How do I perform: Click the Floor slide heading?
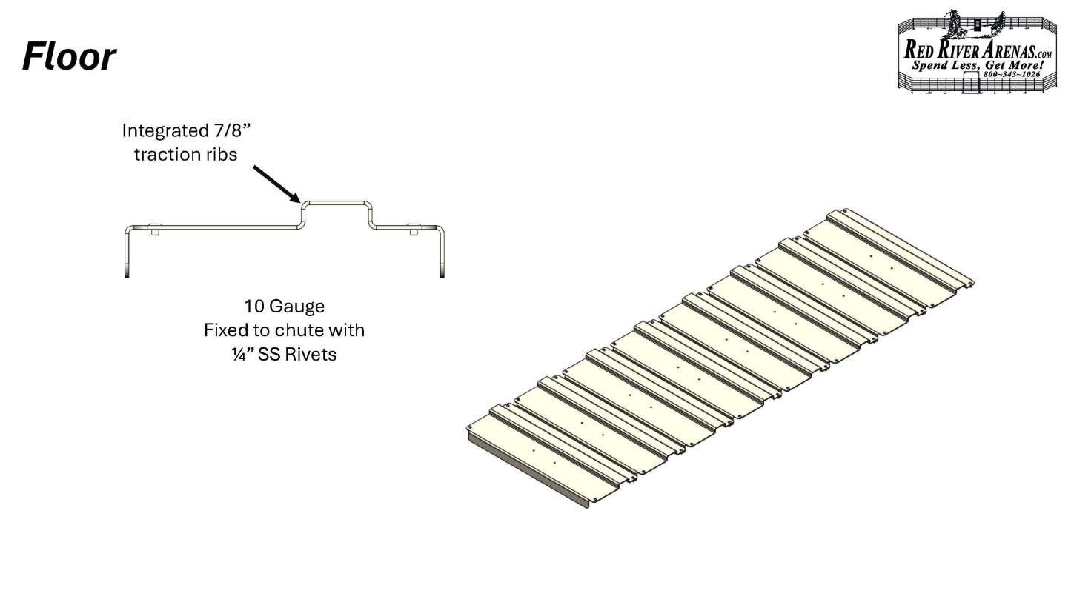pos(69,57)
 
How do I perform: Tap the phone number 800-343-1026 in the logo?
pos(1012,75)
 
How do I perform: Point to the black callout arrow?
pos(276,184)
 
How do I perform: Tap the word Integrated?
pos(164,130)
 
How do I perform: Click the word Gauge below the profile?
pos(297,307)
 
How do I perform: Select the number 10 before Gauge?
pos(254,307)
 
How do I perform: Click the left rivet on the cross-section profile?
pos(154,228)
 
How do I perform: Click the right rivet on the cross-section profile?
pos(414,228)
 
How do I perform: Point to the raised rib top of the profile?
pos(336,203)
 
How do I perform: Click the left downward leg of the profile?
pos(127,253)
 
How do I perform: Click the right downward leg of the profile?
pos(442,253)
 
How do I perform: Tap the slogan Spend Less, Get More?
pos(978,65)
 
